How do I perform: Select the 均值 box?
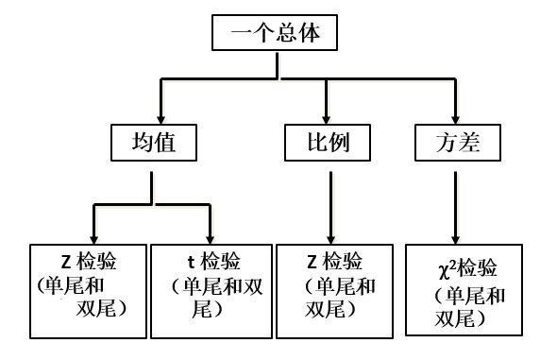coord(154,143)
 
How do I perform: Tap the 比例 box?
coord(327,143)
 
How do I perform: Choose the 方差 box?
coord(460,143)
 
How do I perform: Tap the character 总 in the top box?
coord(287,35)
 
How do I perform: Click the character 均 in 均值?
coord(141,143)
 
